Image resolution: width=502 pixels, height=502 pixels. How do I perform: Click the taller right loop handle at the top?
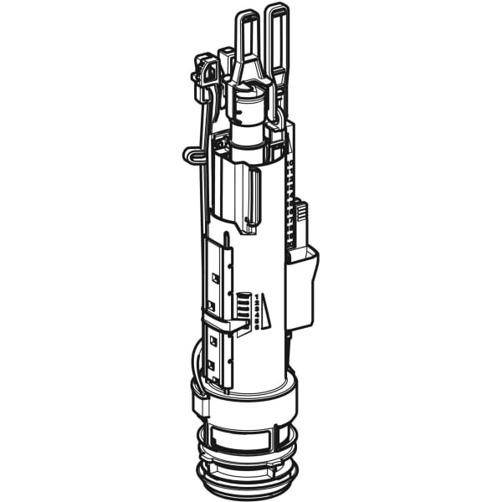coord(277,33)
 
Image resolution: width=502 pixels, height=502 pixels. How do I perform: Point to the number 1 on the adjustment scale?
coord(260,296)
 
